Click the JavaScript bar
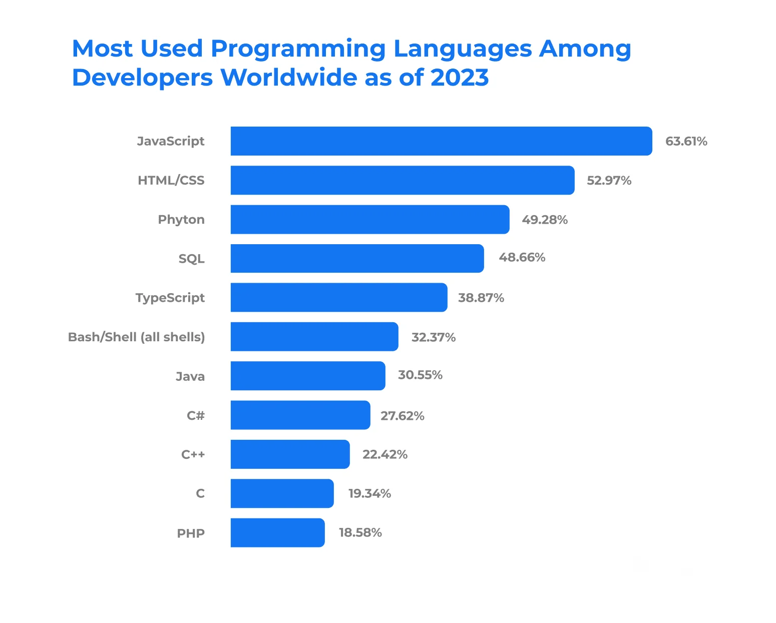[x=441, y=141]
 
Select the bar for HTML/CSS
[x=403, y=180]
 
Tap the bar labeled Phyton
[x=370, y=219]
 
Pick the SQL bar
[x=357, y=258]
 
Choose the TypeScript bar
[x=339, y=297]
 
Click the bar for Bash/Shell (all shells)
[x=314, y=337]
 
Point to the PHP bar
[x=277, y=532]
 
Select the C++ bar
[x=290, y=454]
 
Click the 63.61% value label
[x=686, y=142]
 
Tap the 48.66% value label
[x=522, y=258]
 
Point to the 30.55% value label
[x=420, y=375]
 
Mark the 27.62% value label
[x=402, y=416]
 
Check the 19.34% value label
[x=369, y=494]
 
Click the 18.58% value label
[x=360, y=533]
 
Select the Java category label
[x=190, y=376]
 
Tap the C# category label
[x=196, y=415]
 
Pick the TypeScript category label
[x=170, y=298]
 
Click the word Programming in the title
[x=298, y=49]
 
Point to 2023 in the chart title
[x=459, y=78]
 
